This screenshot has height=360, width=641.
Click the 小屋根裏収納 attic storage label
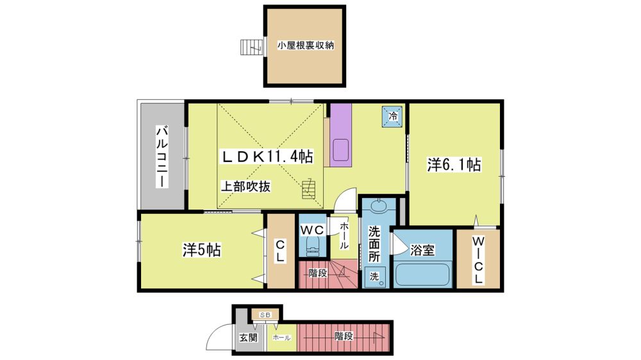(305, 45)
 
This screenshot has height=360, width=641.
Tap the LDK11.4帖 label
(267, 156)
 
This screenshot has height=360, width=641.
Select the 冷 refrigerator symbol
(392, 116)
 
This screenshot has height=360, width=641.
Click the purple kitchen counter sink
(341, 151)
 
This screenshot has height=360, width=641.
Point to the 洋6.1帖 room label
(454, 165)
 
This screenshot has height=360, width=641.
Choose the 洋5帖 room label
(201, 250)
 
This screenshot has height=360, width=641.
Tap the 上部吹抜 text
(246, 187)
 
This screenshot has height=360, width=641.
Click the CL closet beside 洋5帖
(281, 251)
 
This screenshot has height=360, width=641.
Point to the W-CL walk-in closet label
(478, 260)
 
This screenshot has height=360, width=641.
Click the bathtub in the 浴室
(422, 275)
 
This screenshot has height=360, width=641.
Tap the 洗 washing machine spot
(376, 277)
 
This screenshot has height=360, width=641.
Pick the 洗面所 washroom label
(374, 244)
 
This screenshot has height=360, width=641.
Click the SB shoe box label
(265, 315)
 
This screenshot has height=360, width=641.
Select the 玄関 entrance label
(248, 338)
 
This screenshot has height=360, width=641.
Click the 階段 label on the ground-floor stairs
(344, 336)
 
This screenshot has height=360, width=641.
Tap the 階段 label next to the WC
(318, 273)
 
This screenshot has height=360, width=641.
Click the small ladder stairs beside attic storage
(251, 47)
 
